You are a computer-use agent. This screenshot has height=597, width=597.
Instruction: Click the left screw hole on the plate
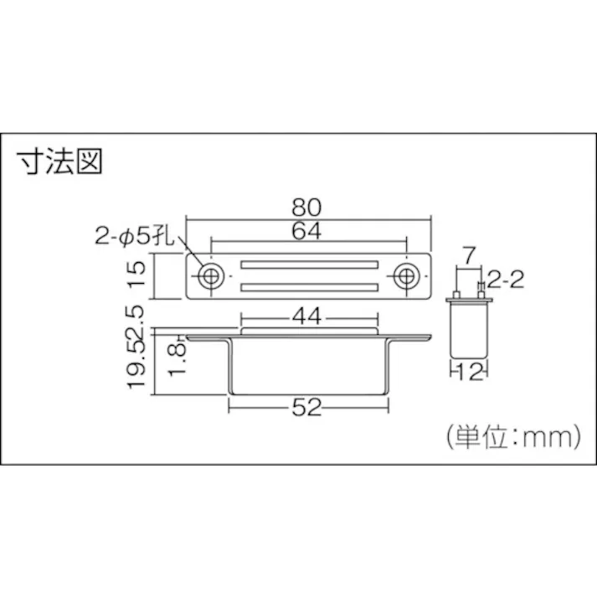pyautogui.click(x=209, y=276)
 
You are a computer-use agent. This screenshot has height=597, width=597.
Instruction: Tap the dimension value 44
pyautogui.click(x=309, y=317)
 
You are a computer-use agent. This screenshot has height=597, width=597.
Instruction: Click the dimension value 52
pyautogui.click(x=309, y=408)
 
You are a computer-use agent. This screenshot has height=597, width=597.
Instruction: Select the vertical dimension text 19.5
pyautogui.click(x=140, y=367)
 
